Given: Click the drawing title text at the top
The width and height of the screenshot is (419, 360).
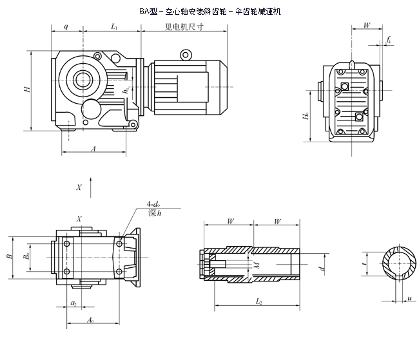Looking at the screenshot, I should click(210, 11).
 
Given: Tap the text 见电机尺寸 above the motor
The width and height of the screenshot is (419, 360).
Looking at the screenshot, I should click(184, 27).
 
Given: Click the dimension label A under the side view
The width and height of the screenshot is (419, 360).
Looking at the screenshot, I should click(93, 149).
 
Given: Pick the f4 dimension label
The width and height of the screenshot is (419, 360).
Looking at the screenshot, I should click(388, 40).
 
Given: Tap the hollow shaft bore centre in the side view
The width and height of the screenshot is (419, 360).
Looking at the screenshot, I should click(83, 80).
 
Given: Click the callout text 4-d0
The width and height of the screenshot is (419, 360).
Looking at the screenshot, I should click(155, 205).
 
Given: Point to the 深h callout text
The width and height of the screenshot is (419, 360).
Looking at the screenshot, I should click(153, 213).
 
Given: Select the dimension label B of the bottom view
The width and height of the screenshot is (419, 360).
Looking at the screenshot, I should click(9, 256).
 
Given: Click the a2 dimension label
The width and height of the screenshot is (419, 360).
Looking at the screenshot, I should click(73, 303).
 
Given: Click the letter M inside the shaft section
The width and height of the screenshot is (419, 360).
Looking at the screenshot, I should click(256, 265).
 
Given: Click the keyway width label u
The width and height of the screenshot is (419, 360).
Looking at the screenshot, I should click(409, 298).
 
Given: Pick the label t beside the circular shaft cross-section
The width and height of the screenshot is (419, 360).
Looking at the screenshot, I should click(365, 263).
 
